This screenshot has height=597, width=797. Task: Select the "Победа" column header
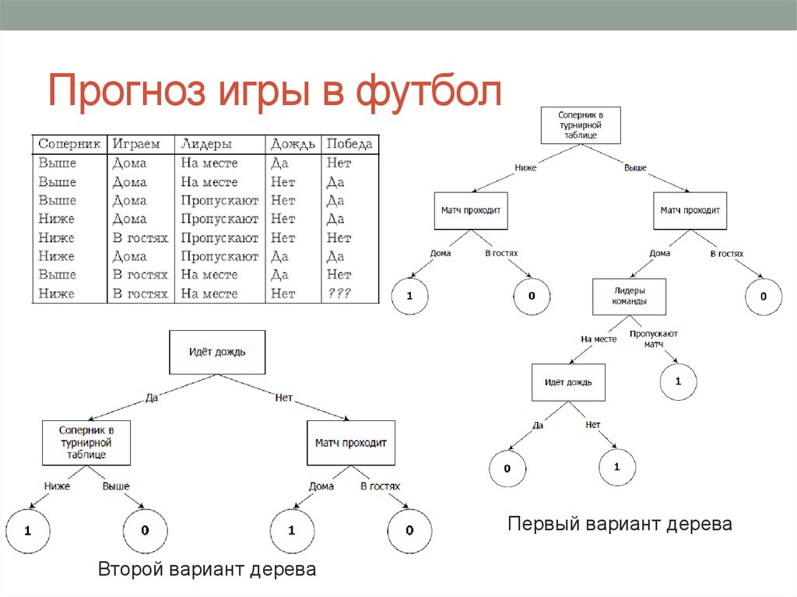tap(349, 144)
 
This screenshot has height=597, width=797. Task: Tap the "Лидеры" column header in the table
tap(206, 144)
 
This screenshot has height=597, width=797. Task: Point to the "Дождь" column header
tap(293, 144)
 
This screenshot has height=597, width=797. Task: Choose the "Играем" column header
tap(136, 144)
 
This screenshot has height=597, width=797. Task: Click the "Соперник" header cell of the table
tap(69, 144)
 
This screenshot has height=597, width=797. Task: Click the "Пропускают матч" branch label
tap(654, 339)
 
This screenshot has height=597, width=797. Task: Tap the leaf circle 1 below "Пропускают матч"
tap(678, 381)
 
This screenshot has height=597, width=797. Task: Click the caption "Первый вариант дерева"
tap(620, 524)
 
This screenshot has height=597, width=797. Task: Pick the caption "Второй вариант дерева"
tap(207, 570)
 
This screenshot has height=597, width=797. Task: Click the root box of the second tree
tap(217, 352)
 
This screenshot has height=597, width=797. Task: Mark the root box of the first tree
tap(581, 125)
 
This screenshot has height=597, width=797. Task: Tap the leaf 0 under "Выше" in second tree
tap(146, 531)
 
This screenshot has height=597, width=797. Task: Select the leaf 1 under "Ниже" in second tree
tap(27, 531)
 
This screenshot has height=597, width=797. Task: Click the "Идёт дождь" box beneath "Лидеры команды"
tap(568, 382)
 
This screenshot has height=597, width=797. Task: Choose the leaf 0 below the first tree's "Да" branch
tap(507, 469)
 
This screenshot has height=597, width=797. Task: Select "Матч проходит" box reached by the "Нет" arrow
tap(350, 443)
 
